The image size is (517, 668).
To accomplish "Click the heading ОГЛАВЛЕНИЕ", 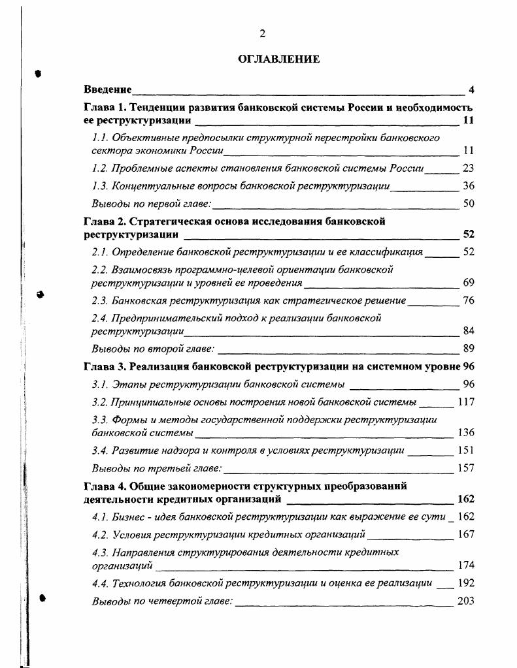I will [278, 59].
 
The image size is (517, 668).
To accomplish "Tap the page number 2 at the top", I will [262, 34].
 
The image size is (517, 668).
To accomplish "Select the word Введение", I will [108, 89].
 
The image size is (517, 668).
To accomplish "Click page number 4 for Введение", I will [471, 89].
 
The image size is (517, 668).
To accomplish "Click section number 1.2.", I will [99, 168].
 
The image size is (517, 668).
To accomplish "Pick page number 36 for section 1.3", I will [468, 186].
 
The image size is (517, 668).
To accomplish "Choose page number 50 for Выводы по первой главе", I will [468, 204].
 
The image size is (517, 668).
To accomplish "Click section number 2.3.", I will [99, 301].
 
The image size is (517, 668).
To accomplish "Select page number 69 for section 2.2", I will [468, 283].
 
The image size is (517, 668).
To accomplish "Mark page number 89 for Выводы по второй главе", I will [468, 349].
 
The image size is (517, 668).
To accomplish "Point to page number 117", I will [466, 402].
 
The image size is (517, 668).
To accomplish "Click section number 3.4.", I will [99, 450].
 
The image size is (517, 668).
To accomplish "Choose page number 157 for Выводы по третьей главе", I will [466, 468].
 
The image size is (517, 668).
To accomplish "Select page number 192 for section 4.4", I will [466, 583].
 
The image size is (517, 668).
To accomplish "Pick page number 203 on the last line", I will [466, 601].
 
